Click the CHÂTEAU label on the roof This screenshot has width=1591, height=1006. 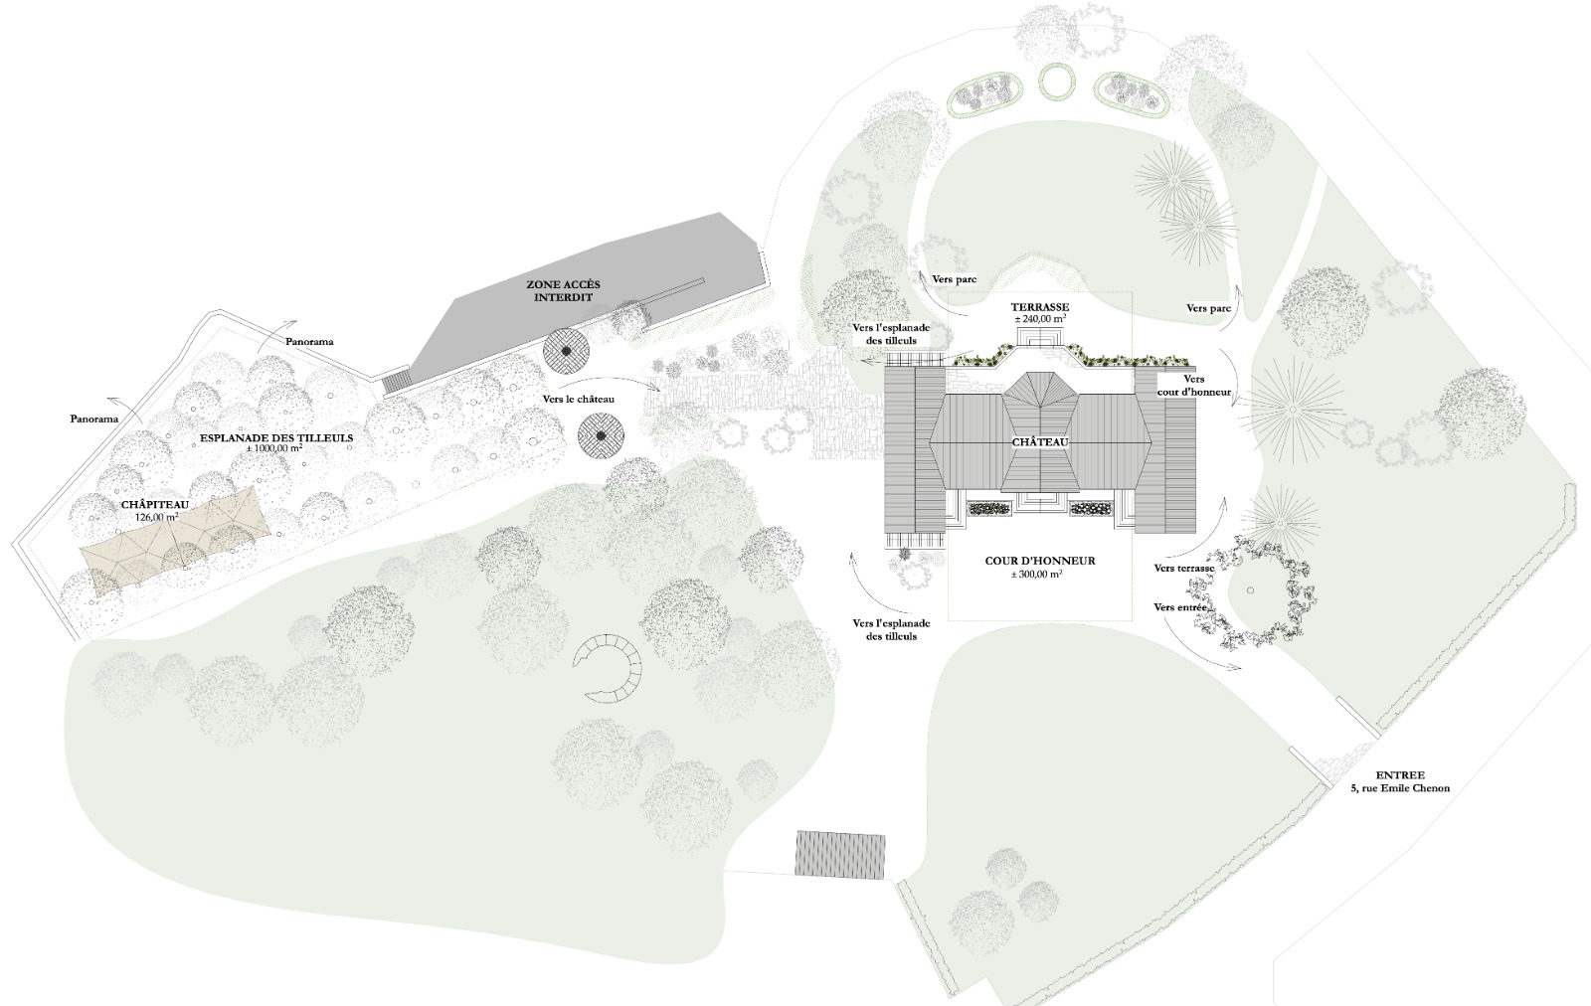click(x=1041, y=441)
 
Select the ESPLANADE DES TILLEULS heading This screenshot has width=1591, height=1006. click(x=276, y=436)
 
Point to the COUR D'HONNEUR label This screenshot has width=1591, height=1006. click(x=1039, y=561)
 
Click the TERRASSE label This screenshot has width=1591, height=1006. click(x=1039, y=307)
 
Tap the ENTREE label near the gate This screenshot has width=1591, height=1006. click(x=1400, y=774)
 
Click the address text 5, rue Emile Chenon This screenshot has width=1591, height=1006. click(x=1400, y=788)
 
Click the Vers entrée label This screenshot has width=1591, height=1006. click(x=1180, y=606)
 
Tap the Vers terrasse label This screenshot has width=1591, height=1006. click(x=1184, y=569)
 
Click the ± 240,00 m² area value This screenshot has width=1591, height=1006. click(x=1040, y=320)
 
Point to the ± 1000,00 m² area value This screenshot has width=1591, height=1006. click(x=274, y=449)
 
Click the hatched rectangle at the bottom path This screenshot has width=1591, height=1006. click(x=840, y=853)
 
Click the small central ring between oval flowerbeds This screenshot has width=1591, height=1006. click(x=1057, y=80)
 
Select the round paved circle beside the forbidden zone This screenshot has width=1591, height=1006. click(x=567, y=350)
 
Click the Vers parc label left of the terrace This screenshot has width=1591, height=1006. click(x=954, y=281)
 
